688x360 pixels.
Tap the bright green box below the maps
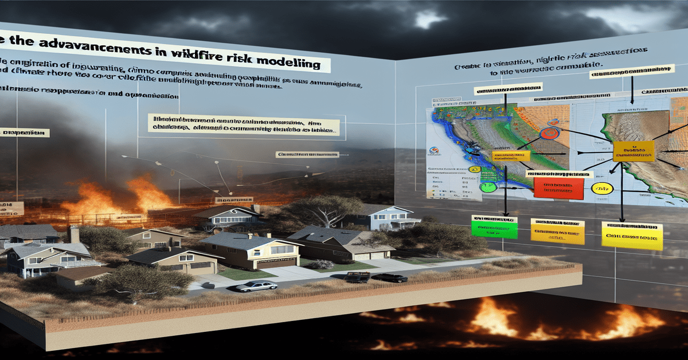pos(494,227)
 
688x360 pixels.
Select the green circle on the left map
pos(488,187)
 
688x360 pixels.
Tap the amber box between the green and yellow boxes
pos(557,230)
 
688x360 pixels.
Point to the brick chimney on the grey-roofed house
pos(74,234)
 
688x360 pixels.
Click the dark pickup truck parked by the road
pos(357,277)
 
